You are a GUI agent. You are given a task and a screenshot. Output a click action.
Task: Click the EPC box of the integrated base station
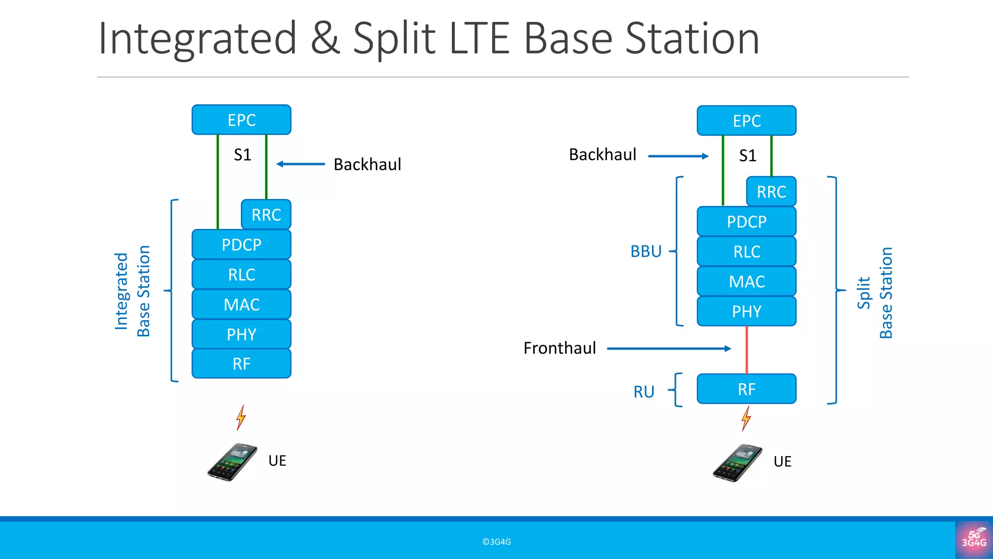click(241, 120)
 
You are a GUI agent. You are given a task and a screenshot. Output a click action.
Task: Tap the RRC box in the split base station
click(771, 192)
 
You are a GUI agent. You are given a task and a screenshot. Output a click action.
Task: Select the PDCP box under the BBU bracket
click(746, 222)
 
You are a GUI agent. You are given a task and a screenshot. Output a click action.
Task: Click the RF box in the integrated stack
click(241, 363)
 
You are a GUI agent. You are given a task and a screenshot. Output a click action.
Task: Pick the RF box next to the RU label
click(746, 389)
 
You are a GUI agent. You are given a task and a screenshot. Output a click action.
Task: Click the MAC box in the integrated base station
click(241, 304)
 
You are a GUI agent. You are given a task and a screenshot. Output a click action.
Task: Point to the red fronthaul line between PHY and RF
click(747, 349)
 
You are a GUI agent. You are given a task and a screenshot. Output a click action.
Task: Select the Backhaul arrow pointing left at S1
click(300, 164)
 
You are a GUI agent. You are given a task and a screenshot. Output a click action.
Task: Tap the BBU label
click(646, 251)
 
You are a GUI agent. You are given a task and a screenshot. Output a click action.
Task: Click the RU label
click(644, 392)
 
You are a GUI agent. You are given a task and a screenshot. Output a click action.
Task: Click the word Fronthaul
click(560, 348)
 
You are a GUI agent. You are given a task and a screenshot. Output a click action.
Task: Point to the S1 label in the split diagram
click(747, 156)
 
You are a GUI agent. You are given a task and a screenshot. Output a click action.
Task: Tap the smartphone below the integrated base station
click(232, 461)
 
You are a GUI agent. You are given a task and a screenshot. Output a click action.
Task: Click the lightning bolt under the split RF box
click(746, 418)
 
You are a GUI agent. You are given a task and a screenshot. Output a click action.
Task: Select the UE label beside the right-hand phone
click(782, 461)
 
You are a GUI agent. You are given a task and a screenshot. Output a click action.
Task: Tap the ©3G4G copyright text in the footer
click(496, 542)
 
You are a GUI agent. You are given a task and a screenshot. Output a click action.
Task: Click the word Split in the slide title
click(394, 39)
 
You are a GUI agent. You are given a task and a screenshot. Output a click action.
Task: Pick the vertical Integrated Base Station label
click(132, 291)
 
